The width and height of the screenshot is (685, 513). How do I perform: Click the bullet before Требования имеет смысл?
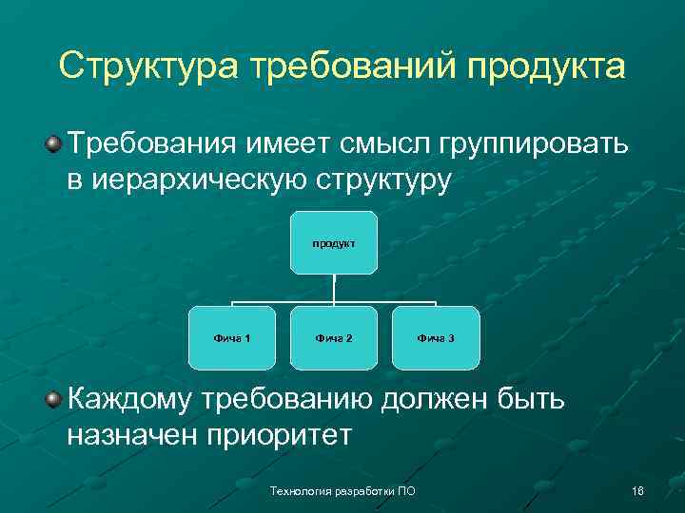[x=54, y=144]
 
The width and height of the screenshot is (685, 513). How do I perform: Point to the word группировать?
[x=532, y=145]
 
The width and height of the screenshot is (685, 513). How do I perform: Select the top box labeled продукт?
[x=334, y=243]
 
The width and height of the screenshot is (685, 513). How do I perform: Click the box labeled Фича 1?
[x=232, y=338]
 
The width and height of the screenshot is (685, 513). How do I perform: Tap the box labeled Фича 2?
[x=334, y=338]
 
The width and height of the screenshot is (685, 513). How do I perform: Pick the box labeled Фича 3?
[x=436, y=338]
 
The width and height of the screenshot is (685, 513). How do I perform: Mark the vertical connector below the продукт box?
[x=334, y=289]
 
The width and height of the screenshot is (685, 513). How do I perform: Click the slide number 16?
[x=637, y=490]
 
